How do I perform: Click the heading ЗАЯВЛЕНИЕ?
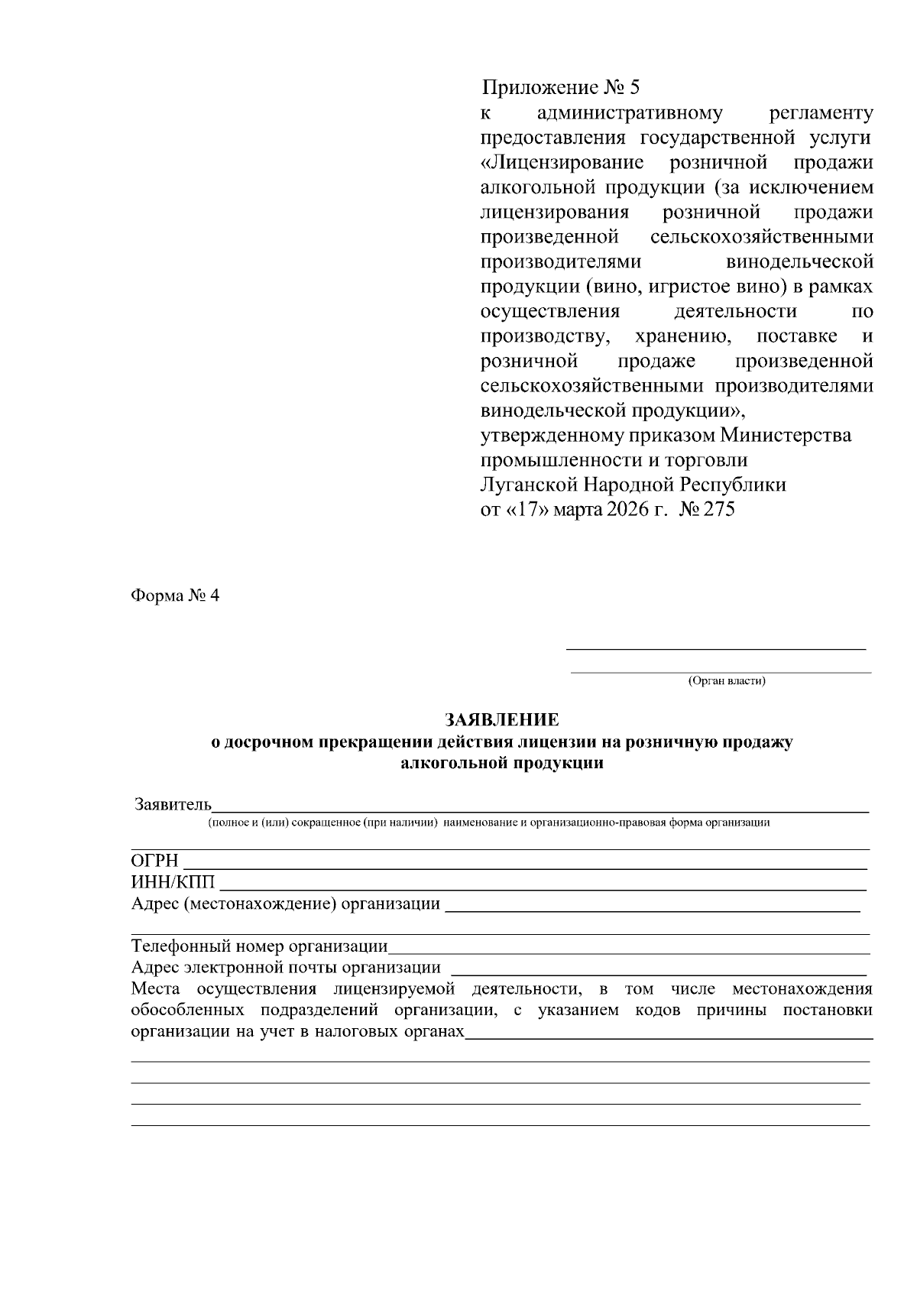click(502, 720)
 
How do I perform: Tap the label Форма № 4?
click(175, 595)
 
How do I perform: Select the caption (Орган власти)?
click(726, 680)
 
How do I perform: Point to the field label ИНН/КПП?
click(173, 883)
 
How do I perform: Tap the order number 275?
click(719, 510)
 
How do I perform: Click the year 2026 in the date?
click(624, 510)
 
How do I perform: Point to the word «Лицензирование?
click(562, 164)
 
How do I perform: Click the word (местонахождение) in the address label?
click(259, 904)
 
